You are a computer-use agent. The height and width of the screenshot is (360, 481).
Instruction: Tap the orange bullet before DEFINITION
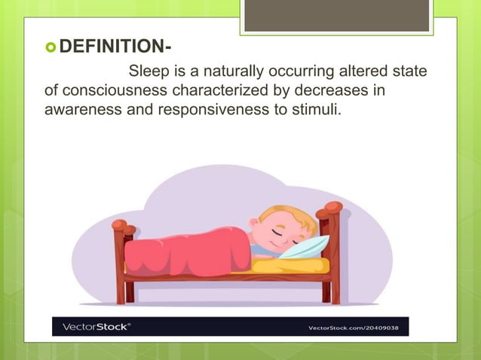(51, 50)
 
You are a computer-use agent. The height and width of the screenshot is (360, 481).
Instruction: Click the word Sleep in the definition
(149, 72)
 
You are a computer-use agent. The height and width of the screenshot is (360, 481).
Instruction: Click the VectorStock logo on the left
(96, 327)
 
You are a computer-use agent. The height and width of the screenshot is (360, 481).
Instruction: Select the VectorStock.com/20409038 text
(357, 328)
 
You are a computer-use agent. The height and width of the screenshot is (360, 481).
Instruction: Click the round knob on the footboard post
(119, 224)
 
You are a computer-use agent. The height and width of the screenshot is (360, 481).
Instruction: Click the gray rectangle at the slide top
(336, 15)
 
